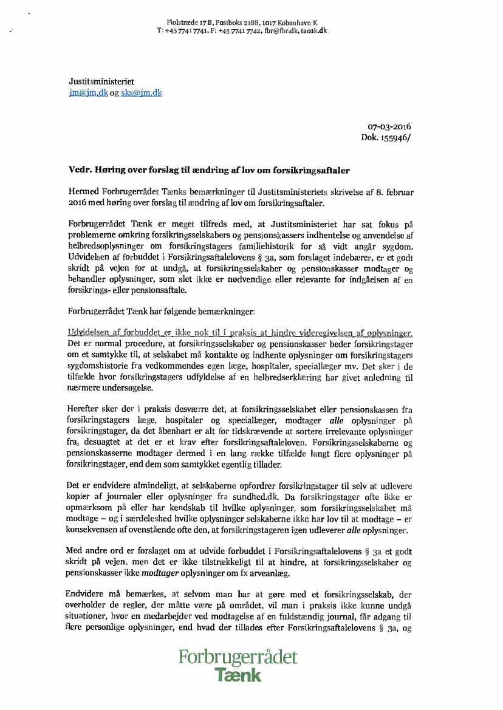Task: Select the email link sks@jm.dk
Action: click(x=141, y=93)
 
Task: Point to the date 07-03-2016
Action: click(x=389, y=127)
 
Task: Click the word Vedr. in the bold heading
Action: click(x=80, y=171)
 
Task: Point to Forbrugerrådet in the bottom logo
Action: click(x=238, y=657)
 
